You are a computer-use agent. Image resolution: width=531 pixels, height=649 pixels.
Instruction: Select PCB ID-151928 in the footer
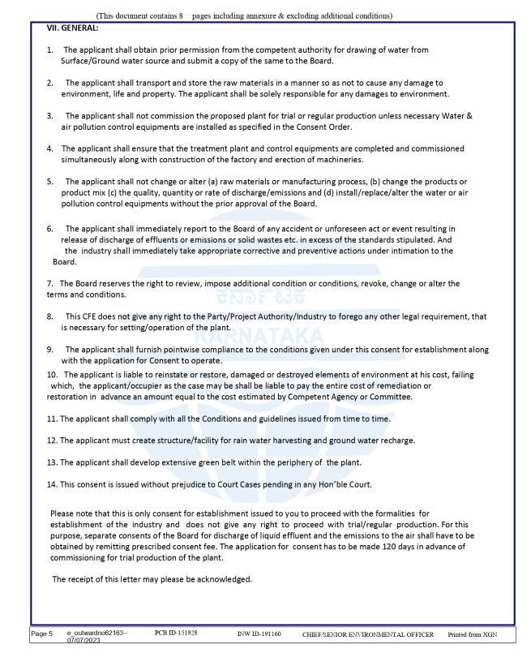click(177, 631)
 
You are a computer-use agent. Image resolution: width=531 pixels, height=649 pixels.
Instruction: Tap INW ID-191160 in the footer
click(259, 632)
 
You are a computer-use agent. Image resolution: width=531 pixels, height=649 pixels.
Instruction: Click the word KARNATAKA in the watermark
click(265, 334)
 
